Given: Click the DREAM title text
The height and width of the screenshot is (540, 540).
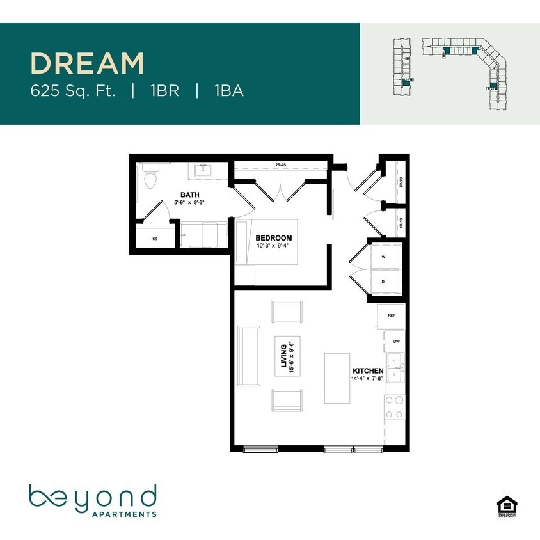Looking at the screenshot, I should (x=88, y=64).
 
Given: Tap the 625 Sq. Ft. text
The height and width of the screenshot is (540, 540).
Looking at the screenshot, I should (x=73, y=91).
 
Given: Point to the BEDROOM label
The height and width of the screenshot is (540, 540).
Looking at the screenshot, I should (x=273, y=238).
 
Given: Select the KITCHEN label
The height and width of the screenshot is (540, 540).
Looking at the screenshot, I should (x=368, y=371).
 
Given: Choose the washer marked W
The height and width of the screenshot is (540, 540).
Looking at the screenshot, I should (x=383, y=257).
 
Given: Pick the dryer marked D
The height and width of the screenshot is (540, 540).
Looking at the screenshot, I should (x=383, y=281).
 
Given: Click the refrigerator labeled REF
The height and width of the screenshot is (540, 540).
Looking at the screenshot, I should (x=390, y=316).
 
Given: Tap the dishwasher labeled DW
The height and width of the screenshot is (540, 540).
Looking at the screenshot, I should (x=396, y=342).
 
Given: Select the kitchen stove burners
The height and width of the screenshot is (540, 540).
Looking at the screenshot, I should (x=394, y=408).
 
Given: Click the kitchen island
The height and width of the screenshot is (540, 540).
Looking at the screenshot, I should (x=337, y=378).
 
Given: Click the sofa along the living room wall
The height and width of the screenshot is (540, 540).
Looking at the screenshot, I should (x=248, y=356).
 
